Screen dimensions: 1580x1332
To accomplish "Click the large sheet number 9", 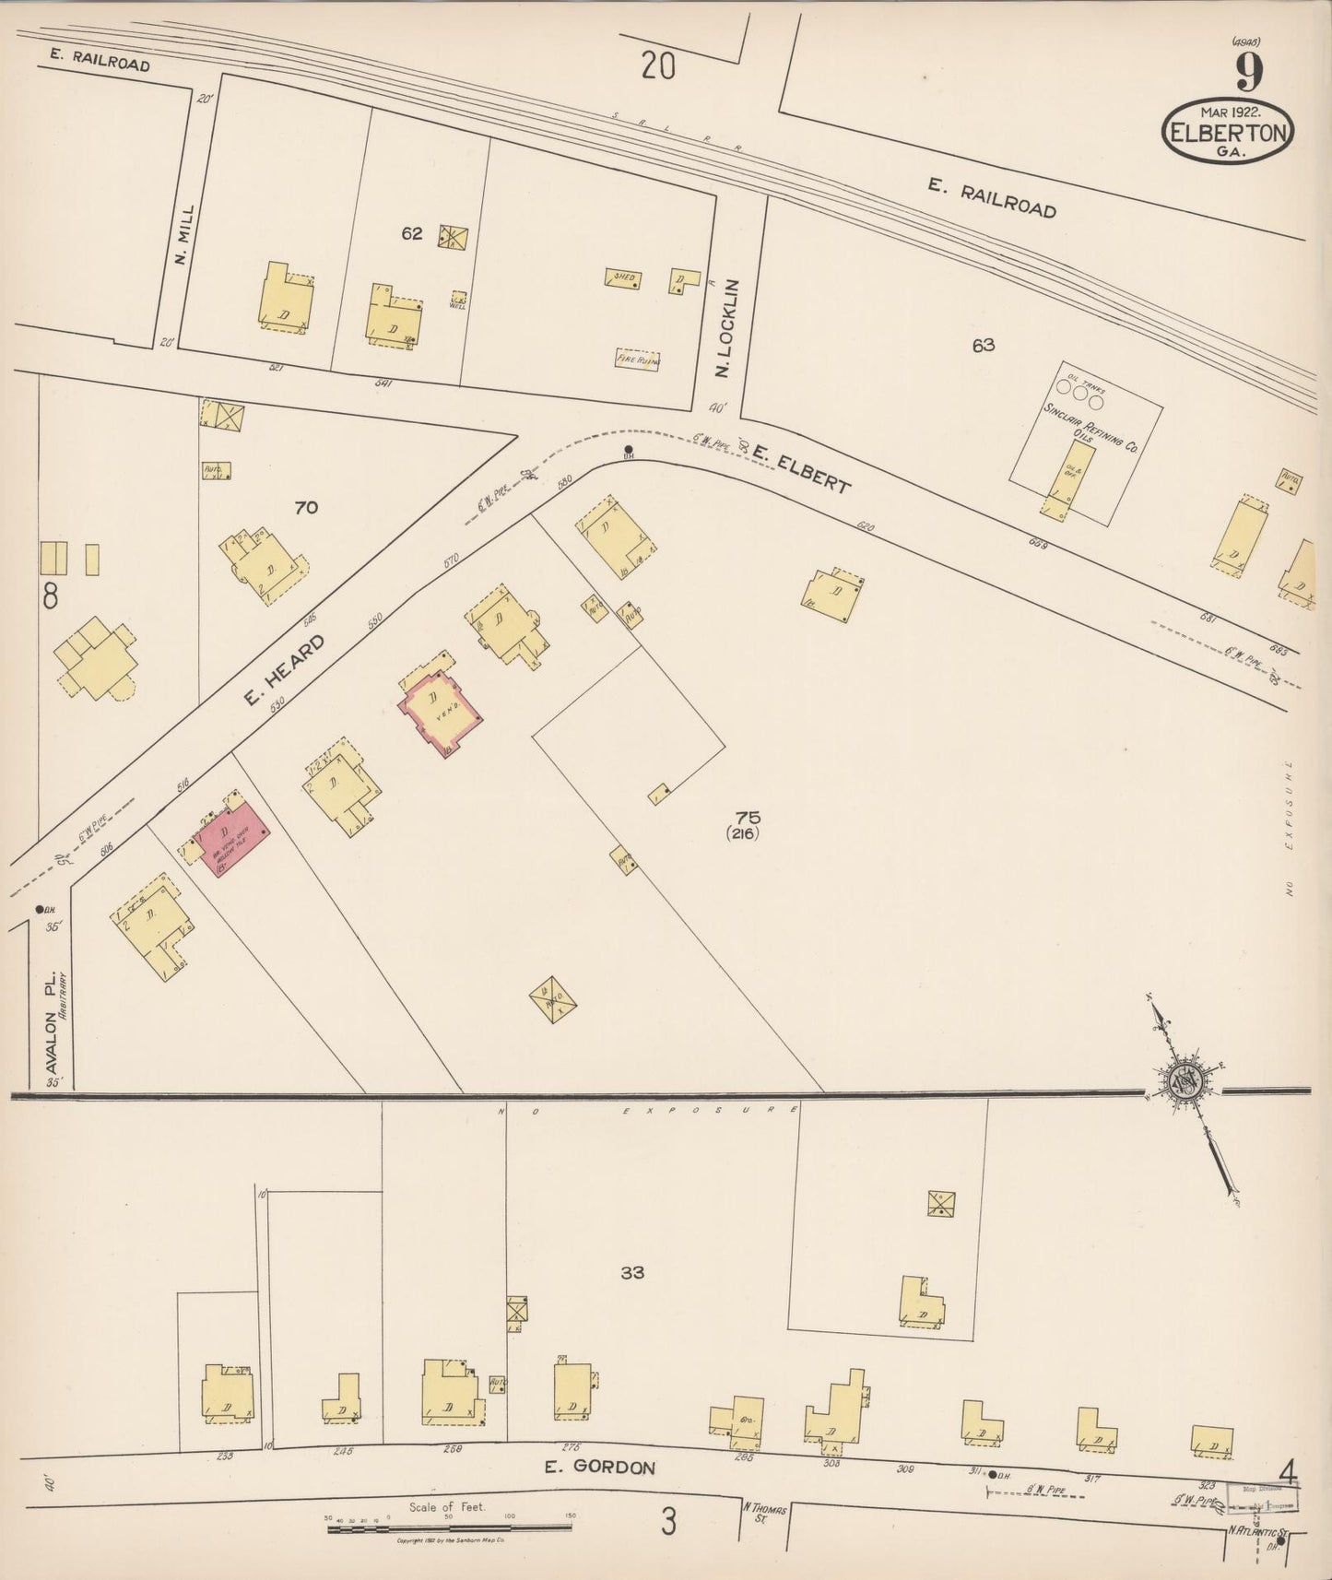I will coord(1249,71).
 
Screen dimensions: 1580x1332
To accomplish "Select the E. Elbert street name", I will coord(799,468).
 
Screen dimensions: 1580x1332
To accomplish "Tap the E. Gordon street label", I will coord(599,1468).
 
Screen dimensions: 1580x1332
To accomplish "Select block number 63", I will coord(983,346).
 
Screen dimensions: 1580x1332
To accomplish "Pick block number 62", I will coord(411,234).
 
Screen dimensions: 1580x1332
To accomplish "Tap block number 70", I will coord(305,507).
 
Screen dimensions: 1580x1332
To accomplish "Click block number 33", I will coord(631,1273).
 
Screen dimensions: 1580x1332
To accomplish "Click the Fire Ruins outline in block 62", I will coord(638,360).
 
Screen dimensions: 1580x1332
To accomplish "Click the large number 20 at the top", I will coord(658,66).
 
